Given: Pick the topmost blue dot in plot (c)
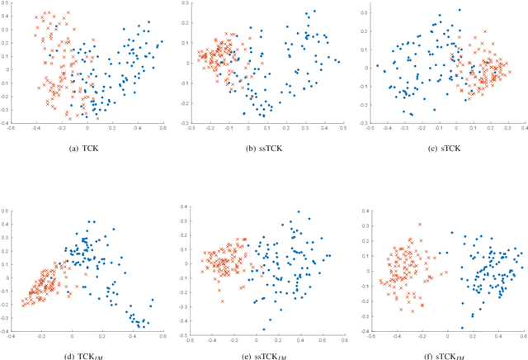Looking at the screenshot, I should pos(440,15).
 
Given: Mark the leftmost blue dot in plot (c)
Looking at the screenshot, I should pos(377,66).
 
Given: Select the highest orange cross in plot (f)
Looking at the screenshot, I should pos(420,224).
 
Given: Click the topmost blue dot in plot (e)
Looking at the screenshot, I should pos(293,223).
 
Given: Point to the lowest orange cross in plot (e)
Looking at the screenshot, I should pos(221,301).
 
